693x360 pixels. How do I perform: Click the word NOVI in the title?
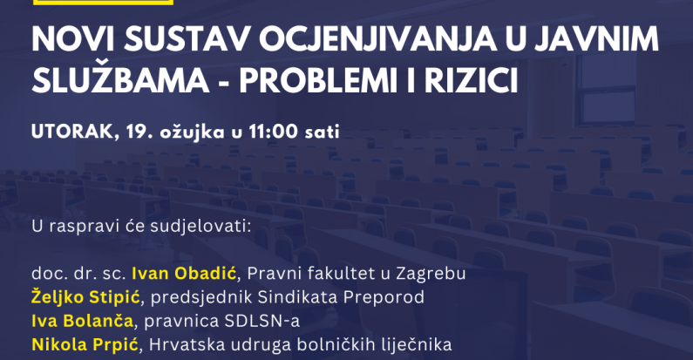point(72,40)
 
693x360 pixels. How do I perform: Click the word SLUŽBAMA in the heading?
point(119,81)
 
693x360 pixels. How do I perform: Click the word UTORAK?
point(75,132)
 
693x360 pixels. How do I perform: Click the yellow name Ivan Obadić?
point(184,274)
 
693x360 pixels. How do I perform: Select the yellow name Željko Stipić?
point(85,297)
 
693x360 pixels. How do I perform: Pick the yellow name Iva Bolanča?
point(82,320)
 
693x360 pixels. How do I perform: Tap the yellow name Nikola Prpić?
point(85,344)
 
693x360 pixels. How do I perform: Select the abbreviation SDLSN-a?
point(262,321)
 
